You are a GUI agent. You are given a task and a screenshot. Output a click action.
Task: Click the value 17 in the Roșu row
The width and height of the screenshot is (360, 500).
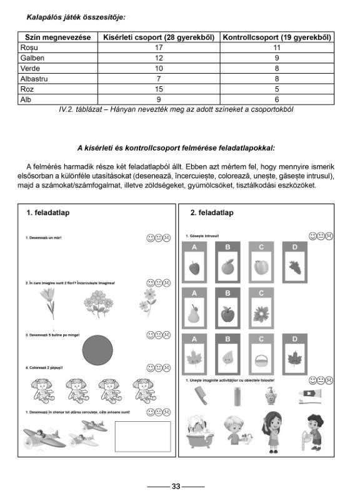pos(158,47)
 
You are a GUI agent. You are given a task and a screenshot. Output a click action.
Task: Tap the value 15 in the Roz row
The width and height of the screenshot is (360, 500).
pos(158,89)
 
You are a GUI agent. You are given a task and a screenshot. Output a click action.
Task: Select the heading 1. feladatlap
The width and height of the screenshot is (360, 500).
pos(47,213)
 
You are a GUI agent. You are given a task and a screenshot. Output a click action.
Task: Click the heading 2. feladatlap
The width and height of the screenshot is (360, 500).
pos(212,213)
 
